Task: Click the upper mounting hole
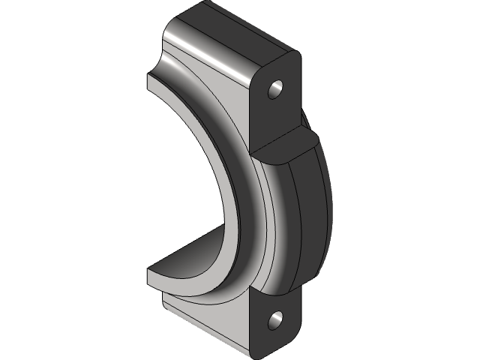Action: (275, 88)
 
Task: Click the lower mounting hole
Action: (275, 321)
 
